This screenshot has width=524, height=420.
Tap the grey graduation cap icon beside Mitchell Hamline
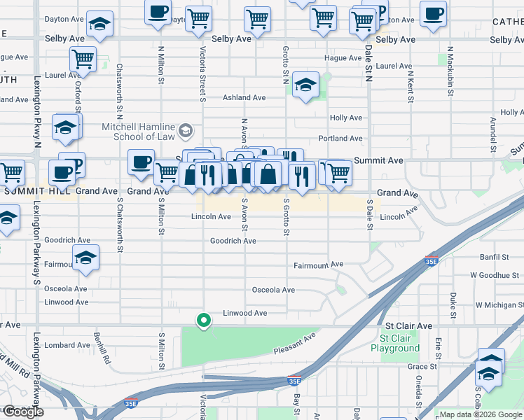point(185,130)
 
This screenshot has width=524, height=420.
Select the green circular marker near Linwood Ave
point(204,321)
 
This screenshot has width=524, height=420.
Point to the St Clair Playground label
point(395,343)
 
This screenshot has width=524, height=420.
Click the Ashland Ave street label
point(244,98)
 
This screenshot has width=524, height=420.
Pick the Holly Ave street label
point(345,118)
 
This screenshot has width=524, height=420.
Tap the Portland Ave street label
point(340,139)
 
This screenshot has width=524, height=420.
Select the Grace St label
point(422,366)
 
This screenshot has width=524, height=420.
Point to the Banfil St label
point(494,258)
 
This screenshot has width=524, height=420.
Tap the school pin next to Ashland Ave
point(306,86)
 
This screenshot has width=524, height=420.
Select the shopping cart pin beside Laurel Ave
point(83,59)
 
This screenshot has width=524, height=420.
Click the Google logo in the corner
point(23,412)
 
